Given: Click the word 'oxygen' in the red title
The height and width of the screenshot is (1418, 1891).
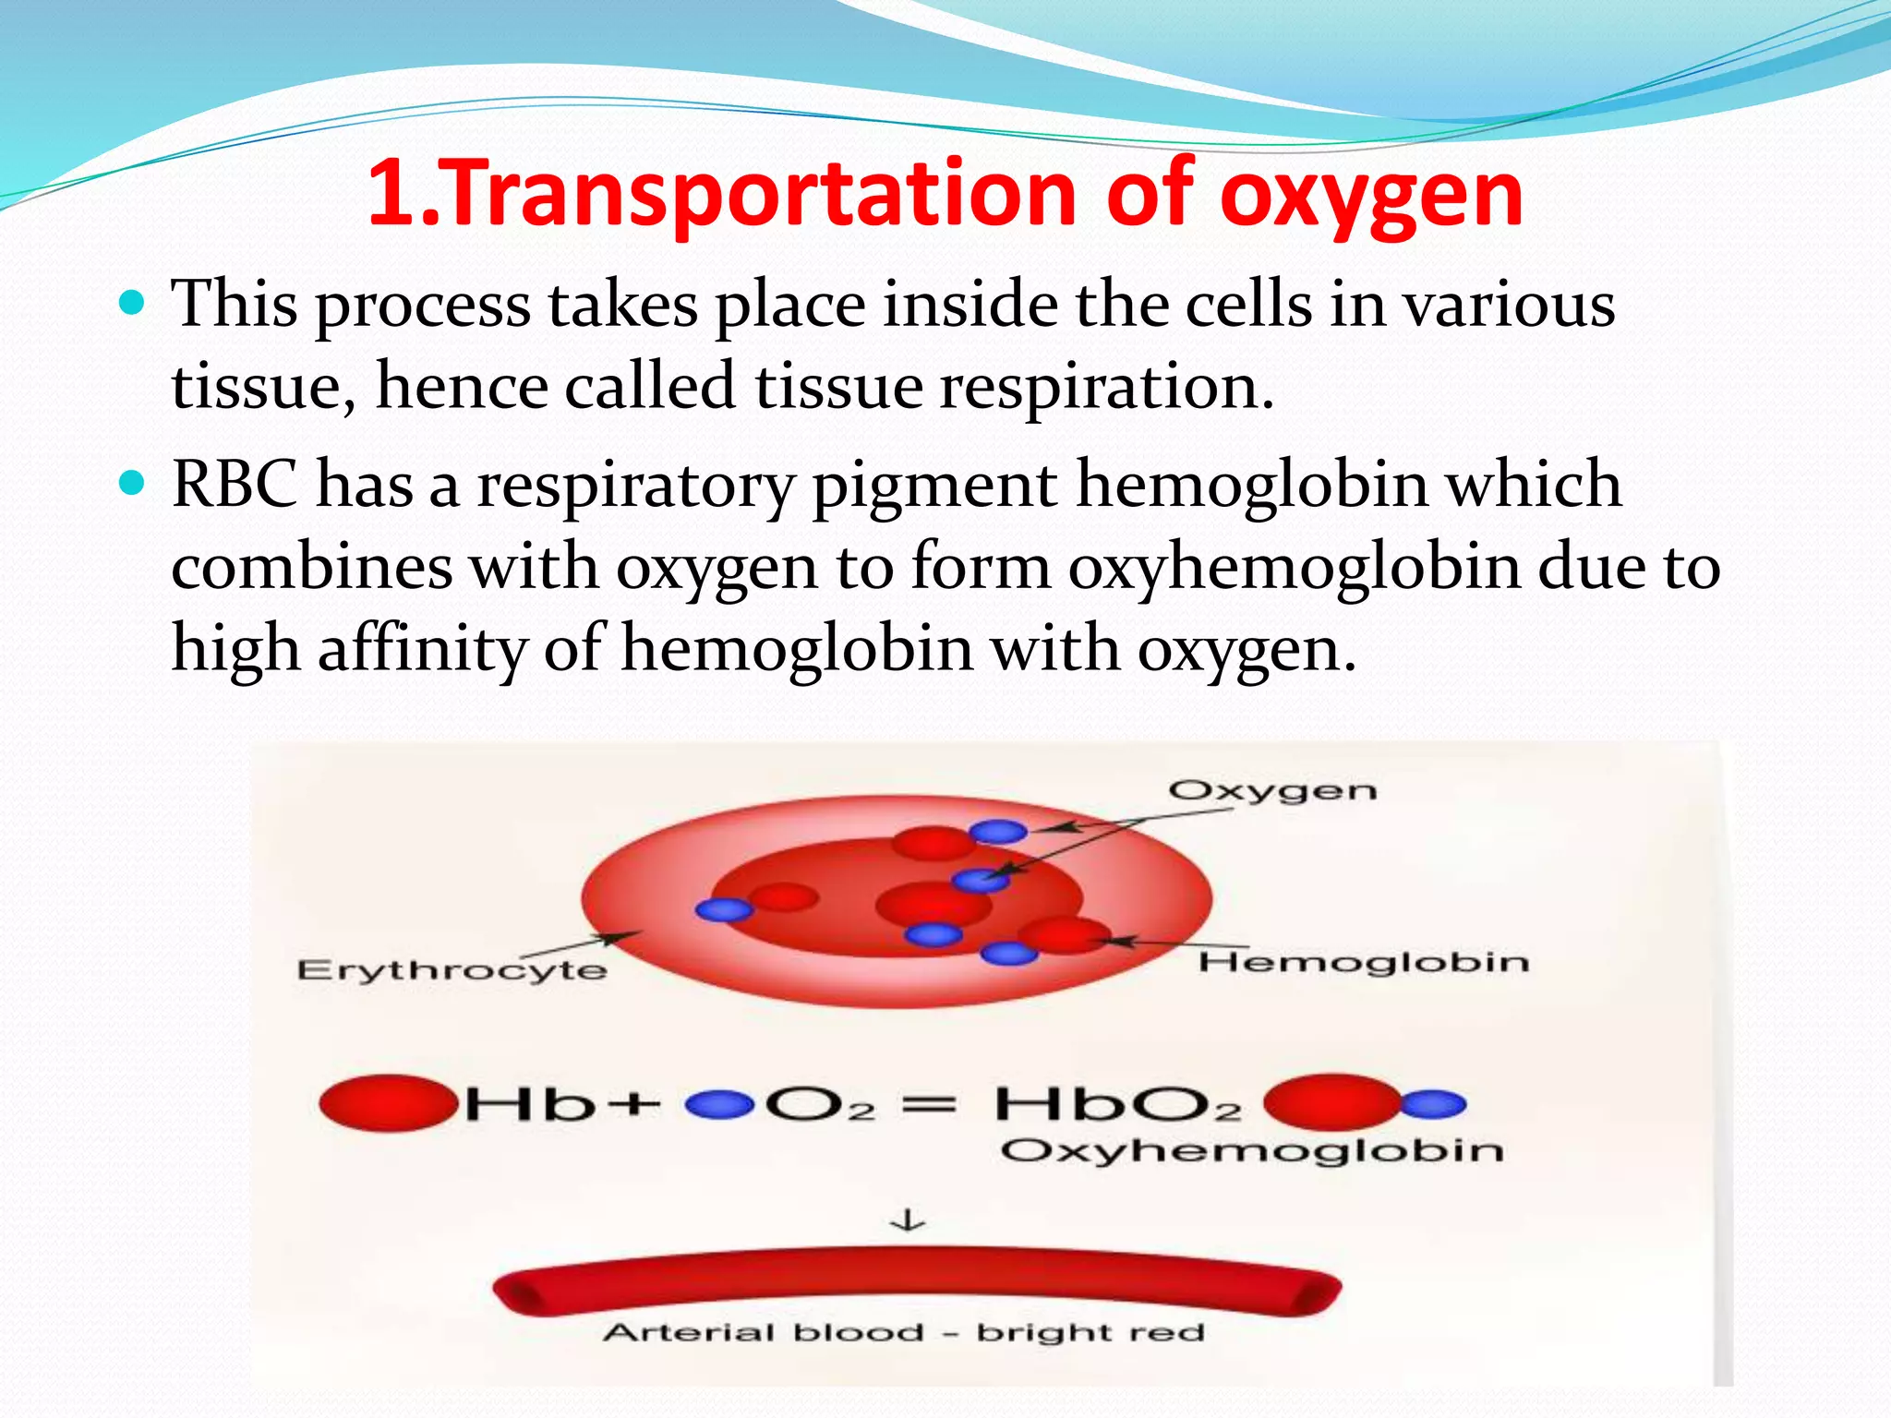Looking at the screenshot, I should point(1371,196).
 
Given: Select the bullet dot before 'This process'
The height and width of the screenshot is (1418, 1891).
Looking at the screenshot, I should point(133,302).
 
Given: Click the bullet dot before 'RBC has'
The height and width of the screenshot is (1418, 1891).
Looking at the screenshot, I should point(133,482).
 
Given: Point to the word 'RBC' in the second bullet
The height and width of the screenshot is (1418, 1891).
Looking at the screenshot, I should point(235,484).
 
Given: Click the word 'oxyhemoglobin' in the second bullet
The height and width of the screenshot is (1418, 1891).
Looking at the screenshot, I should point(1294,567).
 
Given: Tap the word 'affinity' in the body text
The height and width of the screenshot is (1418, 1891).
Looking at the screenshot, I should point(422,648).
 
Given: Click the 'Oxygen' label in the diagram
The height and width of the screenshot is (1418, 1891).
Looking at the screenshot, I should point(1272,791).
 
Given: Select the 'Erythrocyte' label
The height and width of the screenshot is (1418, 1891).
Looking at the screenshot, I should point(452,969).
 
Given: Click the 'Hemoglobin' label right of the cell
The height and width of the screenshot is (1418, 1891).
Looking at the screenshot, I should point(1364,963).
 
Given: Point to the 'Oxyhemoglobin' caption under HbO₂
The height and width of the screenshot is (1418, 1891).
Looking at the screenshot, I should point(1251,1151).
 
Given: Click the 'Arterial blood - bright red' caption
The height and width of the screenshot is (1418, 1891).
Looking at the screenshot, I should point(904,1332).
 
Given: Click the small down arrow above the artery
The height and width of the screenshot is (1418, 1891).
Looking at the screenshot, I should point(908,1220).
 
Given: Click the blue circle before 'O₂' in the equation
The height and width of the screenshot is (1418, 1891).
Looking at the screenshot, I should point(719,1104).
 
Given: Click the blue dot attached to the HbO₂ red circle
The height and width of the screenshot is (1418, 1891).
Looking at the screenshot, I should point(1434,1104).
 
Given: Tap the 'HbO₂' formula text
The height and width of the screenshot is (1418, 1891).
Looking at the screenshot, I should point(1117,1104).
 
